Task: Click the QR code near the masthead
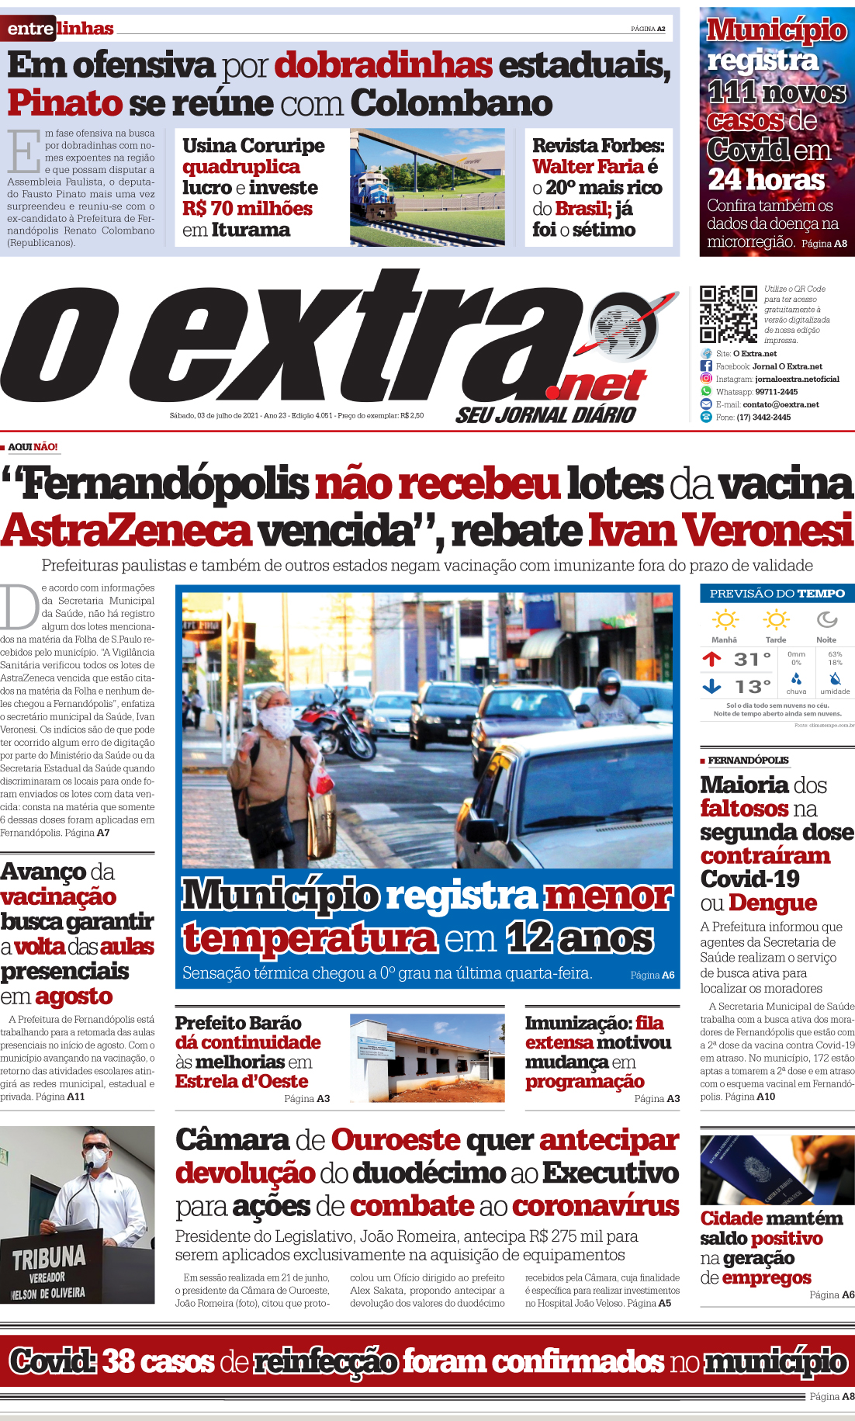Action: [728, 314]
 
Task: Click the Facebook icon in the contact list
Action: [706, 366]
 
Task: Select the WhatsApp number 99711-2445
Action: [776, 392]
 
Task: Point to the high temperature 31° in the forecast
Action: [752, 660]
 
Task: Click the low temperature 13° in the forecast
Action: [752, 687]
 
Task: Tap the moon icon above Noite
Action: [826, 619]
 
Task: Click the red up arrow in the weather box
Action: [711, 660]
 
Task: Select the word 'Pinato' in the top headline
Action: [65, 103]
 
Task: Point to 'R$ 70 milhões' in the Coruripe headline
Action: [247, 209]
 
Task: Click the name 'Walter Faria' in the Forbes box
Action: [587, 167]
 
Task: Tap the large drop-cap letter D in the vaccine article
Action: [19, 608]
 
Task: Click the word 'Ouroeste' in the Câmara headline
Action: [396, 1140]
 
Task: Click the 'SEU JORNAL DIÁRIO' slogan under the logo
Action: [545, 415]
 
